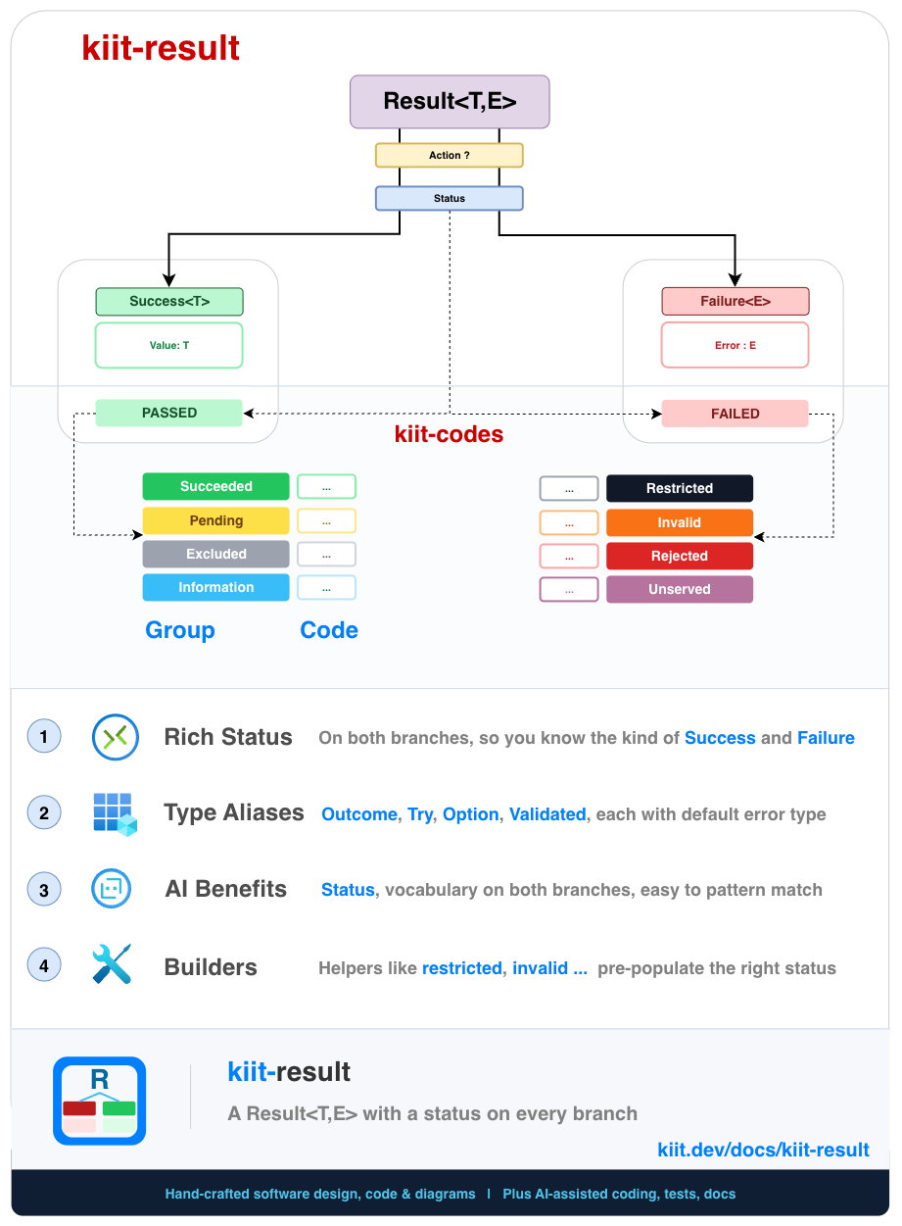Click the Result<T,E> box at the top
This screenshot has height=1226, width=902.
point(450,102)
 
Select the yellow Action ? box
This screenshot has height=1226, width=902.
point(450,156)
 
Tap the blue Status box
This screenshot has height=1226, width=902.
point(450,198)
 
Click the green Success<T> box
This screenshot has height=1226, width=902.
point(169,302)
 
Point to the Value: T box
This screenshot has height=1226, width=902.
point(169,345)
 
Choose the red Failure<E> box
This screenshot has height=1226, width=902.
point(736,302)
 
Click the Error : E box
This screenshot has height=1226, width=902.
point(736,345)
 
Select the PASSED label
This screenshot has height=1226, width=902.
point(169,414)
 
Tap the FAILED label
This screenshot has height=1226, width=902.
point(736,414)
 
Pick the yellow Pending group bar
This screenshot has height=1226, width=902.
point(216,520)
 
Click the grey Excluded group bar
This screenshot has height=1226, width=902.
point(216,554)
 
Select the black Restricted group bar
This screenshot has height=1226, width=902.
point(680,488)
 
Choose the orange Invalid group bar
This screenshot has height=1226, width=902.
point(680,522)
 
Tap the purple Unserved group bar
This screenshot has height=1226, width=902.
point(680,589)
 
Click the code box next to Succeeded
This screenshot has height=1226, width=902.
point(326,487)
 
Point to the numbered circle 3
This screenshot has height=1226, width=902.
point(44,890)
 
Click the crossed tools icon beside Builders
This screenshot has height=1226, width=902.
point(112,965)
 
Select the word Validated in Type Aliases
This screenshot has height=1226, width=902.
point(547,814)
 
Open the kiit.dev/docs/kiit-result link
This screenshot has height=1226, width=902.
point(763,1150)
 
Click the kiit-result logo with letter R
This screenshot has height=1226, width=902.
point(100,1102)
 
